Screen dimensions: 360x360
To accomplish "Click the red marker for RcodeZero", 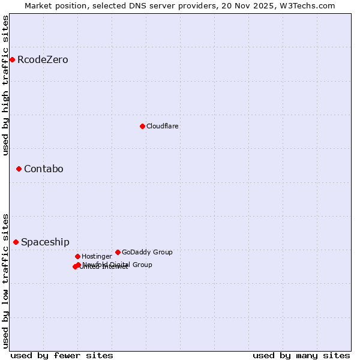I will click(x=12, y=59).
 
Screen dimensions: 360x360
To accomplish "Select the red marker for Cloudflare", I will click(x=142, y=126).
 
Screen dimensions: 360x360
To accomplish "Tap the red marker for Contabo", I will click(x=19, y=169).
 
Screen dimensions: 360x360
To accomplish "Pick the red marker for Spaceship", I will click(x=16, y=242).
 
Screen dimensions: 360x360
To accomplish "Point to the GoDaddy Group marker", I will click(x=118, y=252).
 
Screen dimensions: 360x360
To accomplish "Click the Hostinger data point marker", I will click(x=77, y=256).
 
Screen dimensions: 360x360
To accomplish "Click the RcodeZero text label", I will click(x=43, y=59).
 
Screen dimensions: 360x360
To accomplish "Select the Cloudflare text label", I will click(x=162, y=126).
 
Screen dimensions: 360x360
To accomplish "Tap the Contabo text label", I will click(x=43, y=169).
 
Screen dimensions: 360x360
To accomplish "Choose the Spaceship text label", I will click(x=45, y=242).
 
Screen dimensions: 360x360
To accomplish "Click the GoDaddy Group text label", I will click(x=147, y=252).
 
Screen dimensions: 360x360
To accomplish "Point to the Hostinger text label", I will click(x=97, y=256).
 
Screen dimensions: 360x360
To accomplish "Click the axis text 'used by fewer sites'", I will click(x=62, y=355).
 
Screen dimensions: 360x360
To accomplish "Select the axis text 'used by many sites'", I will click(x=301, y=355).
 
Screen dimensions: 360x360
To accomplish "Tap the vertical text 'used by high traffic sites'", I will click(x=5, y=85).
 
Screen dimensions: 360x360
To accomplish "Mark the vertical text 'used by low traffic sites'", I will click(x=5, y=280).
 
